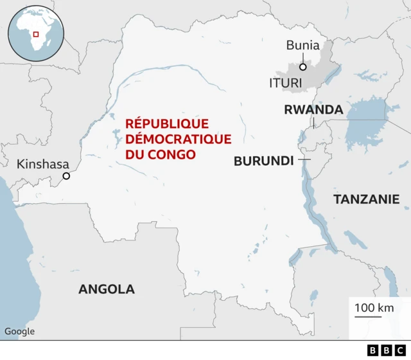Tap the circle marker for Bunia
(x=302, y=66)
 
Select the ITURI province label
(x=286, y=82)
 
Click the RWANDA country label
(x=313, y=110)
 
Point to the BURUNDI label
(x=263, y=161)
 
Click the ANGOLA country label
(x=107, y=289)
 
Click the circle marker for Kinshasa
(x=66, y=176)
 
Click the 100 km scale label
(x=374, y=307)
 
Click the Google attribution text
(x=20, y=332)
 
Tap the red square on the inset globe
(x=36, y=34)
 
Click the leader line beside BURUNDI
(x=304, y=159)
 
